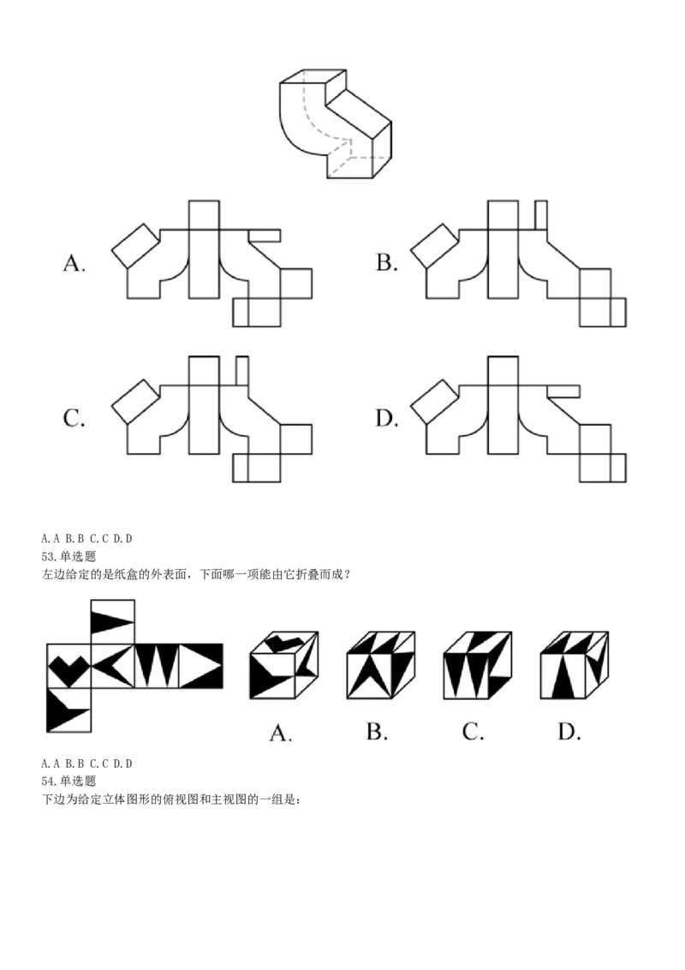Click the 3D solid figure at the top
pos(335,123)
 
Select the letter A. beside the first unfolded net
pos(74,263)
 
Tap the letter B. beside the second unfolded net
pos(386,263)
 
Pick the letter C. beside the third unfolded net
pos(74,419)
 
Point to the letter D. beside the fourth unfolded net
pos(387,419)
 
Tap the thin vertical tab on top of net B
pos(540,214)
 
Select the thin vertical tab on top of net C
pos(241,370)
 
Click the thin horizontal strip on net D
pos(563,392)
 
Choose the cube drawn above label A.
pos(283,666)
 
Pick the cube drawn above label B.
pos(380,666)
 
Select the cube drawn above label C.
pos(477,666)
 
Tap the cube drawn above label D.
pos(574,666)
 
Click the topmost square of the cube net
pos(113,621)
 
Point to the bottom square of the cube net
pos(68,710)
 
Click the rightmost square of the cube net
pos(201,666)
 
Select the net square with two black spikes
pos(157,666)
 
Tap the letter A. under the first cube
pos(281,733)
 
